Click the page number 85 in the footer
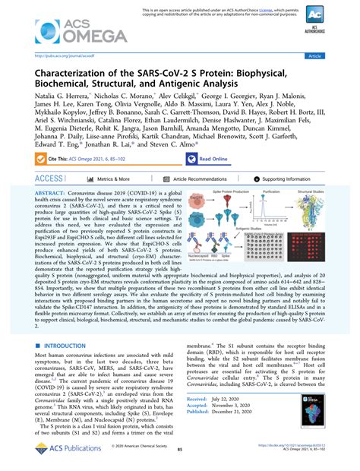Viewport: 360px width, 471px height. pos(180,459)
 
